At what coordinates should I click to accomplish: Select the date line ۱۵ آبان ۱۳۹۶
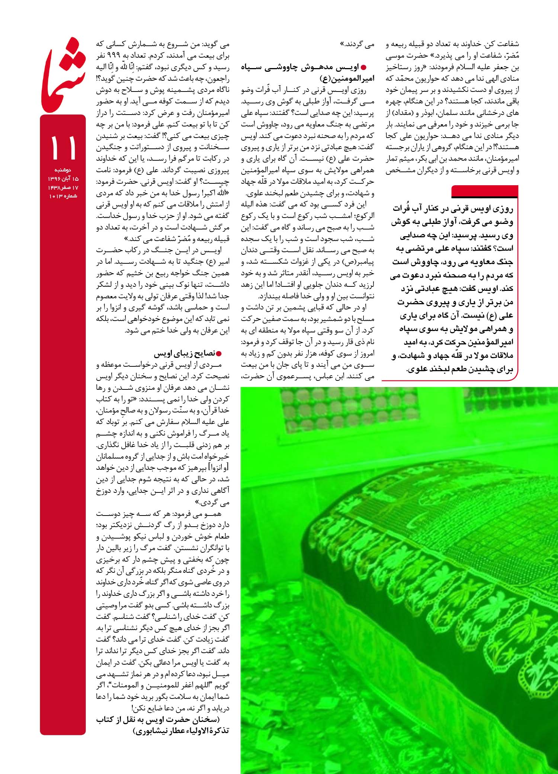point(62,179)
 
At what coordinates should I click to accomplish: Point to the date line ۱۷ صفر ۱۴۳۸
point(62,187)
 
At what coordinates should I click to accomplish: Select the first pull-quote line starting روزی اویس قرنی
point(452,209)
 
